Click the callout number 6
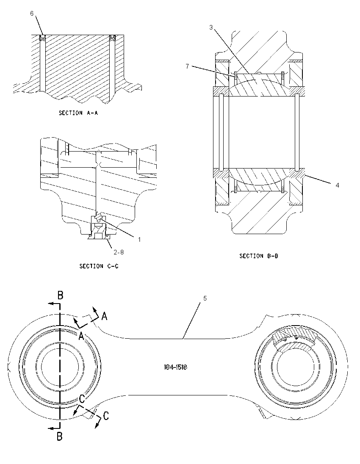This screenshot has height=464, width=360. click(x=32, y=13)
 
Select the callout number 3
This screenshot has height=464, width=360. click(x=211, y=27)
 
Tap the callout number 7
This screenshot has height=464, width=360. click(x=187, y=66)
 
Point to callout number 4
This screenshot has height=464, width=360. click(x=337, y=185)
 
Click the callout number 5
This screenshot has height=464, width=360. click(x=205, y=298)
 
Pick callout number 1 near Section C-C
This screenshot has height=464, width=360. click(x=139, y=239)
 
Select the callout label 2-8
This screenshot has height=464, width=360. click(x=119, y=252)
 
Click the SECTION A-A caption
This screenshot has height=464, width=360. click(x=78, y=113)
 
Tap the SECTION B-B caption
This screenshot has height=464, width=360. click(x=259, y=256)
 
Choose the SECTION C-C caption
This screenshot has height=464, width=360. click(x=99, y=266)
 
